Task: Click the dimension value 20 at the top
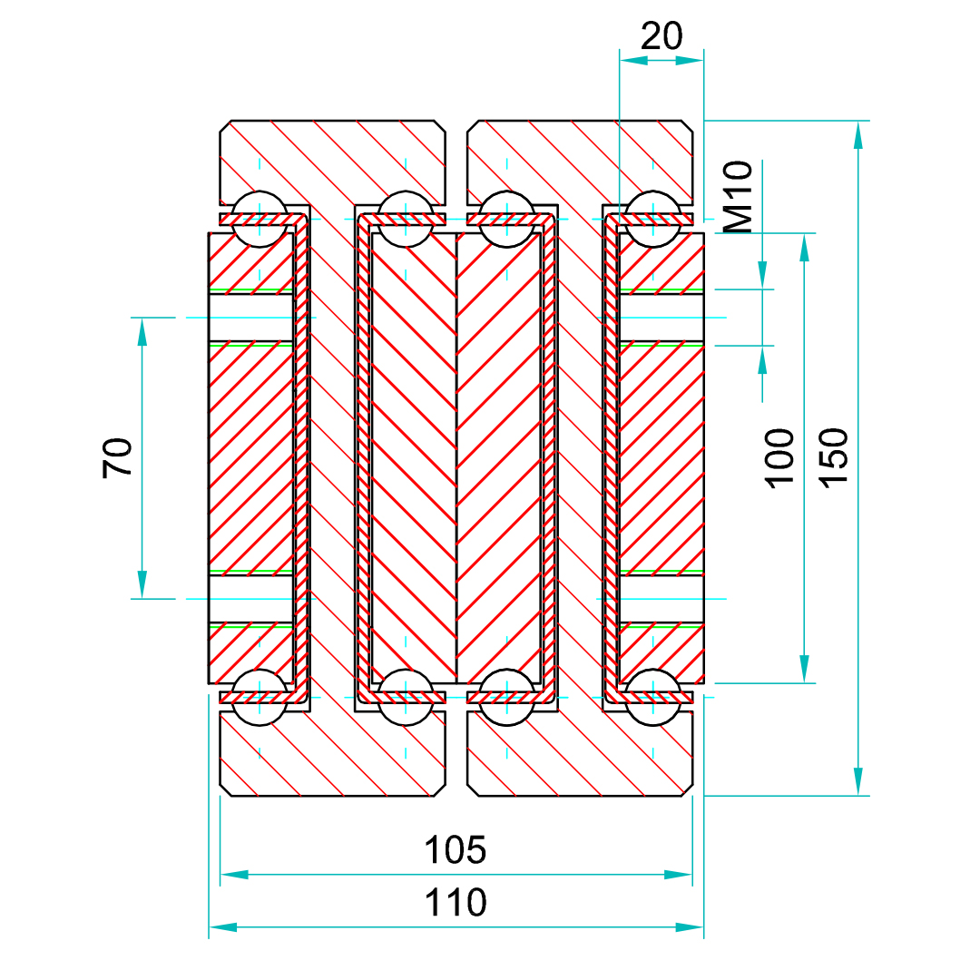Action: coord(661,36)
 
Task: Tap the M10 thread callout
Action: coord(740,197)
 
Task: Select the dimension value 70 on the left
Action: coord(118,457)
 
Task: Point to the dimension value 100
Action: coord(780,458)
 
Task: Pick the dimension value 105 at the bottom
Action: coord(456,851)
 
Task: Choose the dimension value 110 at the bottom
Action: coord(456,904)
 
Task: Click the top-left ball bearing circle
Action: coord(260,219)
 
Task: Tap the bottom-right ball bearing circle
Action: coord(652,698)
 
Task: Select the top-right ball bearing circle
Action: coord(652,219)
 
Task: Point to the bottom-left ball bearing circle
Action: coord(260,698)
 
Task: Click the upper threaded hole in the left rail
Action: coord(251,318)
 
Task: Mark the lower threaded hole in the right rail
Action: coord(661,599)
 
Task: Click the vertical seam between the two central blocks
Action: coord(456,458)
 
